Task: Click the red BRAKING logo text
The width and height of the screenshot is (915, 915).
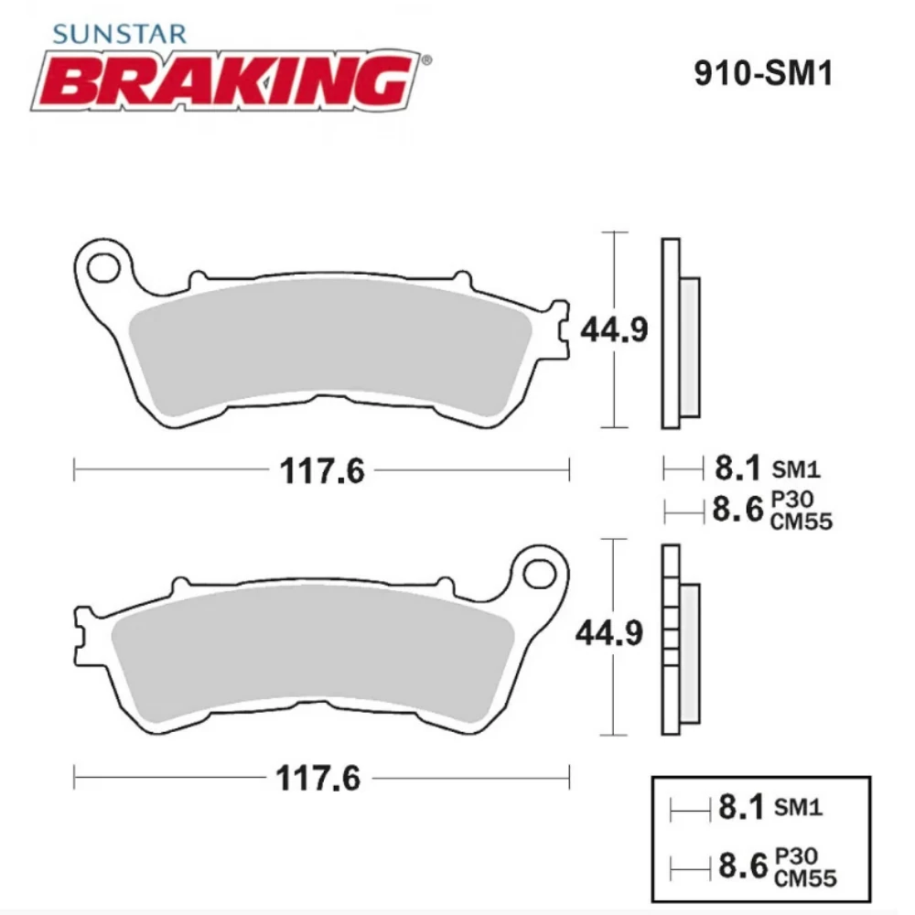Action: (224, 81)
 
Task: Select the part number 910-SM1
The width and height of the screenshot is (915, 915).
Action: (762, 74)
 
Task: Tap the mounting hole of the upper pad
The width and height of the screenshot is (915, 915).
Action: (103, 268)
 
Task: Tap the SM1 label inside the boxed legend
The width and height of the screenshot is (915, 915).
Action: (798, 808)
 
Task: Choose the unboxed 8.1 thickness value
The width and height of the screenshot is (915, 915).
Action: (737, 469)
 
